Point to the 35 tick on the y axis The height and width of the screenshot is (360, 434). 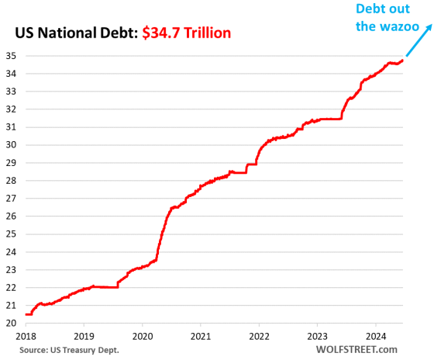tap(13, 56)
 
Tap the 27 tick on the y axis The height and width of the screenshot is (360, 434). tap(13, 198)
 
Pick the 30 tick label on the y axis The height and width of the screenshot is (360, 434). tap(13, 145)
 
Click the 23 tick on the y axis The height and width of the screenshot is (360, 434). tap(13, 269)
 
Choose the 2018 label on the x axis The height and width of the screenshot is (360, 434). tap(26, 337)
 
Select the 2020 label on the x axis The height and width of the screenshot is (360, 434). tap(143, 337)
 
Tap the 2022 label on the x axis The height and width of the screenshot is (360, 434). tap(259, 337)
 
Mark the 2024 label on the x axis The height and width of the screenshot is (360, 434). tap(375, 337)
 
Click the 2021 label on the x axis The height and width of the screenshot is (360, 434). tap(201, 337)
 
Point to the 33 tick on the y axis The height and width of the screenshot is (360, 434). tap(13, 92)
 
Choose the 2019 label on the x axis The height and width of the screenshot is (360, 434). tap(84, 337)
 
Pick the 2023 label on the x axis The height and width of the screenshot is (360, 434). tap(317, 337)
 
